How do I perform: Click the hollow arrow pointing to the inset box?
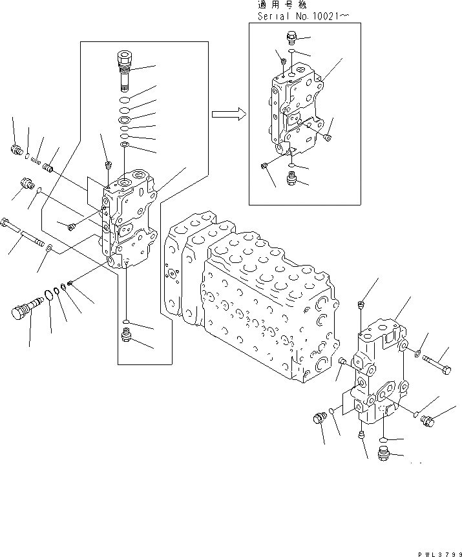[228, 114]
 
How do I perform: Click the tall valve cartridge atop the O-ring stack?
[124, 69]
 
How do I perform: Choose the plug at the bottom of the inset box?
[291, 178]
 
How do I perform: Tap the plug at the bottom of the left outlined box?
[127, 335]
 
